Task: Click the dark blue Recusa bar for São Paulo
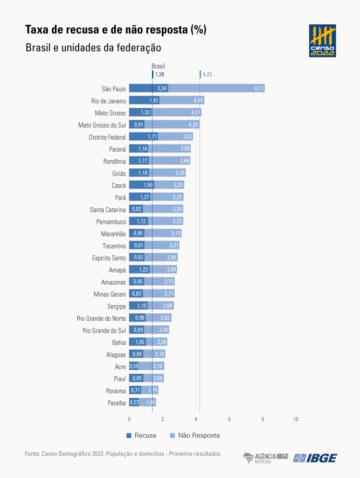148,88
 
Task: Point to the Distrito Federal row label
107,137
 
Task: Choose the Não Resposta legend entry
194,435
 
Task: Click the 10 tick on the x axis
296,419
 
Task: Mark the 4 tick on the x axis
196,419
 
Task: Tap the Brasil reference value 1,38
159,74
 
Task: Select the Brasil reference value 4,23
207,74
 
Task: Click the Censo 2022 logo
323,41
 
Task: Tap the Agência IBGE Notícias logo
265,458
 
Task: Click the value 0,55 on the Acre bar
133,367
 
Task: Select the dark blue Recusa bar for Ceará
142,185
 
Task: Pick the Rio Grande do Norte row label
101,318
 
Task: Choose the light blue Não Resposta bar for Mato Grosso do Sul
172,125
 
